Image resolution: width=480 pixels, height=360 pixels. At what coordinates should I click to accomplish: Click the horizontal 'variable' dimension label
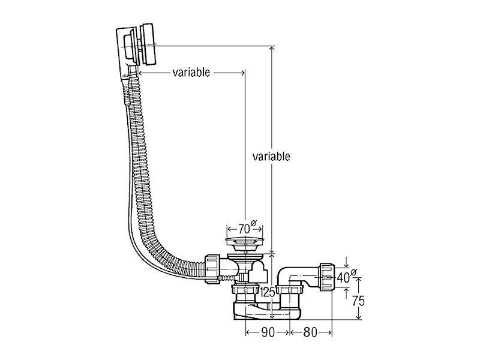[x=191, y=73]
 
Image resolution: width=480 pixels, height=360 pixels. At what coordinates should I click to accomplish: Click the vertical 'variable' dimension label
[x=271, y=157]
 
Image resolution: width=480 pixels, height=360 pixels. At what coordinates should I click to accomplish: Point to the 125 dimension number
[x=268, y=293]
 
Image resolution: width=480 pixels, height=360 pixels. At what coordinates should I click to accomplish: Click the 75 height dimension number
[x=358, y=301]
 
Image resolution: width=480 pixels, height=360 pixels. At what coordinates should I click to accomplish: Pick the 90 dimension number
[x=268, y=332]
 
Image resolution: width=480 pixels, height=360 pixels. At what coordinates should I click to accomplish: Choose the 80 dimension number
[x=310, y=332]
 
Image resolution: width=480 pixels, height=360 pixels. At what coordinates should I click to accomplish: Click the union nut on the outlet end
[x=327, y=277]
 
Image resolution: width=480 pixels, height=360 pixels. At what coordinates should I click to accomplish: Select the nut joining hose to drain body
[x=212, y=269]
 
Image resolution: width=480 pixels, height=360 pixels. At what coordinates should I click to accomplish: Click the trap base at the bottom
[x=267, y=311]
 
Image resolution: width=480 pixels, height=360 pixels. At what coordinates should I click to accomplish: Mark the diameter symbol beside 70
[x=254, y=223]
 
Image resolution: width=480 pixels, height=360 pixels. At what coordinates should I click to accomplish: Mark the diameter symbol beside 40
[x=353, y=272]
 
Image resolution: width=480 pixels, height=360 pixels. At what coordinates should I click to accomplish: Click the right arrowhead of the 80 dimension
[x=329, y=332]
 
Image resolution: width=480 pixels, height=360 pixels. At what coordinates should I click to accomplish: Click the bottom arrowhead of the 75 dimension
[x=359, y=317]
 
